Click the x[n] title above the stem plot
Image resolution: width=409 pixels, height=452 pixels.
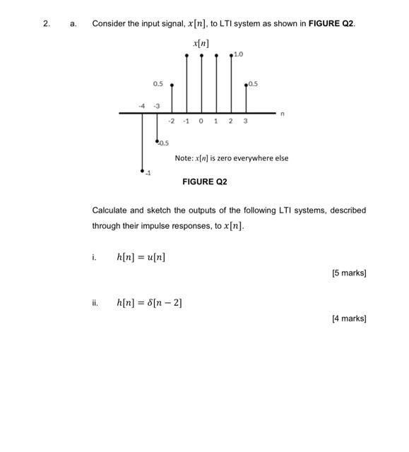pyautogui.click(x=201, y=44)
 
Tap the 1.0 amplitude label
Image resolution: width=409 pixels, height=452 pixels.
pyautogui.click(x=239, y=54)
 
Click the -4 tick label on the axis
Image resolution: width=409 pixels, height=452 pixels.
pyautogui.click(x=142, y=106)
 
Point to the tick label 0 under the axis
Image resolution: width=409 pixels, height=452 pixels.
pyautogui.click(x=201, y=121)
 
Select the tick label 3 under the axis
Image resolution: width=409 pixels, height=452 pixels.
pyautogui.click(x=245, y=121)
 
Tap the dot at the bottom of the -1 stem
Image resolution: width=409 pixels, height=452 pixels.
pyautogui.click(x=142, y=170)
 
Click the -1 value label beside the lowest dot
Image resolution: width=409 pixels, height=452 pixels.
pyautogui.click(x=148, y=174)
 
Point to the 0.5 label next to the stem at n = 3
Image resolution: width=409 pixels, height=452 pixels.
pyautogui.click(x=253, y=84)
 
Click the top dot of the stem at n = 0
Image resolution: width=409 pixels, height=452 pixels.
pyautogui.click(x=201, y=54)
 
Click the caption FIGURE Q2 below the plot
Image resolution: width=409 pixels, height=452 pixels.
pyautogui.click(x=204, y=182)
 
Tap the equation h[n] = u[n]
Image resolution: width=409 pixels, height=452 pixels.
pyautogui.click(x=141, y=257)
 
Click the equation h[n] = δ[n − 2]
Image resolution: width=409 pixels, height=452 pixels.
pyautogui.click(x=149, y=303)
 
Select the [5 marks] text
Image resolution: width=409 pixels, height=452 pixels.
pyautogui.click(x=349, y=273)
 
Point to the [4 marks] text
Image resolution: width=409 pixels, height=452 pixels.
pyautogui.click(x=349, y=319)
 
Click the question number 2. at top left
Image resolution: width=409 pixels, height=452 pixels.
pyautogui.click(x=47, y=23)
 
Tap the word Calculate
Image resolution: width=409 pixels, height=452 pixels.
pyautogui.click(x=109, y=210)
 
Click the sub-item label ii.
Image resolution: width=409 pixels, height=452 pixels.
pyautogui.click(x=95, y=303)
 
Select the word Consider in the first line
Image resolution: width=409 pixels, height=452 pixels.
pyautogui.click(x=109, y=23)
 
